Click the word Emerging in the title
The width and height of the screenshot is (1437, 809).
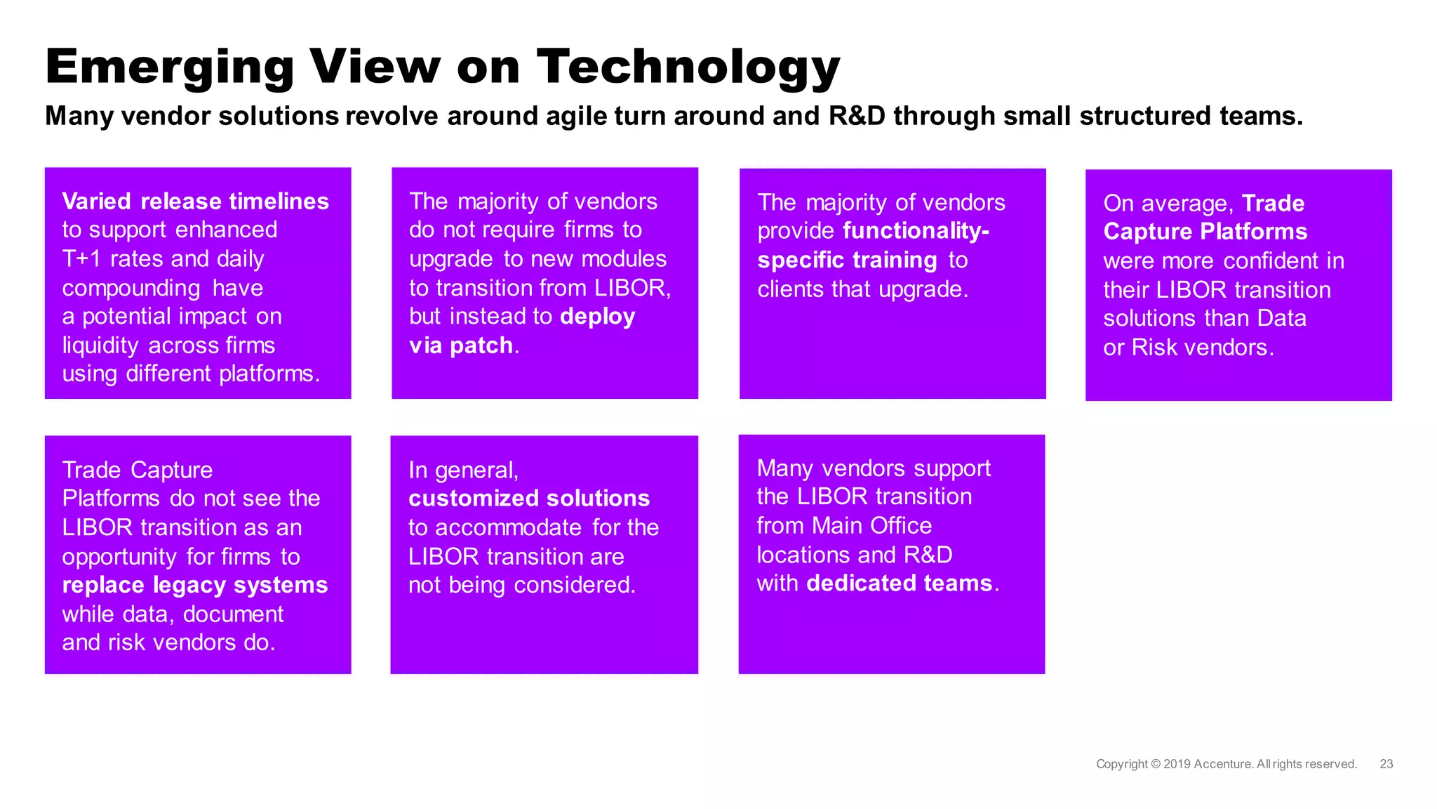pyautogui.click(x=169, y=67)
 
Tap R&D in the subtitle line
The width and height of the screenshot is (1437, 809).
pyautogui.click(x=857, y=116)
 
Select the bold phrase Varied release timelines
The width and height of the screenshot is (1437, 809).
pyautogui.click(x=195, y=202)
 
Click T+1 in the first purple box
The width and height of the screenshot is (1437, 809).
pyautogui.click(x=81, y=259)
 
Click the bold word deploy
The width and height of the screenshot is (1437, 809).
pyautogui.click(x=597, y=317)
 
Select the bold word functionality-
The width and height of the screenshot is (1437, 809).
pyautogui.click(x=915, y=231)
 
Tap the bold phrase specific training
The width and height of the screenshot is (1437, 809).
pyautogui.click(x=847, y=261)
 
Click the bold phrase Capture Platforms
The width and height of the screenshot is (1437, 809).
pyautogui.click(x=1205, y=232)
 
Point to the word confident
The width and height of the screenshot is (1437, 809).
pyautogui.click(x=1271, y=261)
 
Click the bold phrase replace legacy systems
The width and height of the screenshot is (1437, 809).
pyautogui.click(x=194, y=585)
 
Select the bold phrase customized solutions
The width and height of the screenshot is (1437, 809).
pyautogui.click(x=528, y=499)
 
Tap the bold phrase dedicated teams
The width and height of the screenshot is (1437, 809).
pyautogui.click(x=899, y=583)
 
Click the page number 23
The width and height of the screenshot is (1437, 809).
pyautogui.click(x=1386, y=764)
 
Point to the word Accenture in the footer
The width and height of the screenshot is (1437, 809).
pyautogui.click(x=1222, y=764)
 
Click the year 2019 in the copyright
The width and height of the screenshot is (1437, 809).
pyautogui.click(x=1177, y=764)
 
